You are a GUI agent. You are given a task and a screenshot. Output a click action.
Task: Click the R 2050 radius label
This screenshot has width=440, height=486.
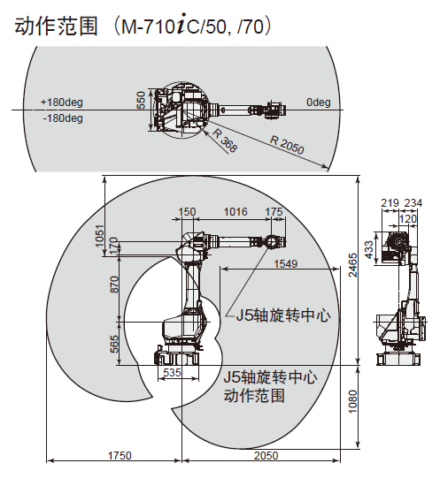point(287,145)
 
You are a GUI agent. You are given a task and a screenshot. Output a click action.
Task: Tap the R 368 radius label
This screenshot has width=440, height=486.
point(225,140)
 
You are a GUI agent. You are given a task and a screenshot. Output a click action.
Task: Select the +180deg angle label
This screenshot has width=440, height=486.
point(62,102)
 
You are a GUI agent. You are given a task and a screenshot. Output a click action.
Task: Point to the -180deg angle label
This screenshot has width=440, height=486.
point(63,118)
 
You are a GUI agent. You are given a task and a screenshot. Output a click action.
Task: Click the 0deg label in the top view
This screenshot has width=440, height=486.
point(319,102)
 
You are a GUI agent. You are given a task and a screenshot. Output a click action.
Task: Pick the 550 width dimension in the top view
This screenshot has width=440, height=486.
point(141,100)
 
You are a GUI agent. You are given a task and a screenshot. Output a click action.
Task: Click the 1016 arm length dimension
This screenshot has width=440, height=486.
point(235,212)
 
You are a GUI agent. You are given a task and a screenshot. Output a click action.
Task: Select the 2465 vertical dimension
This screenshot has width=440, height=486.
point(352,265)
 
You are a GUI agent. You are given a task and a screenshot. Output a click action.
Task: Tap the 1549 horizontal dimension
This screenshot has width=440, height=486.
point(286,264)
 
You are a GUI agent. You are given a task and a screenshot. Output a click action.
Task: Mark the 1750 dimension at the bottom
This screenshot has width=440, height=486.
point(120,456)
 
